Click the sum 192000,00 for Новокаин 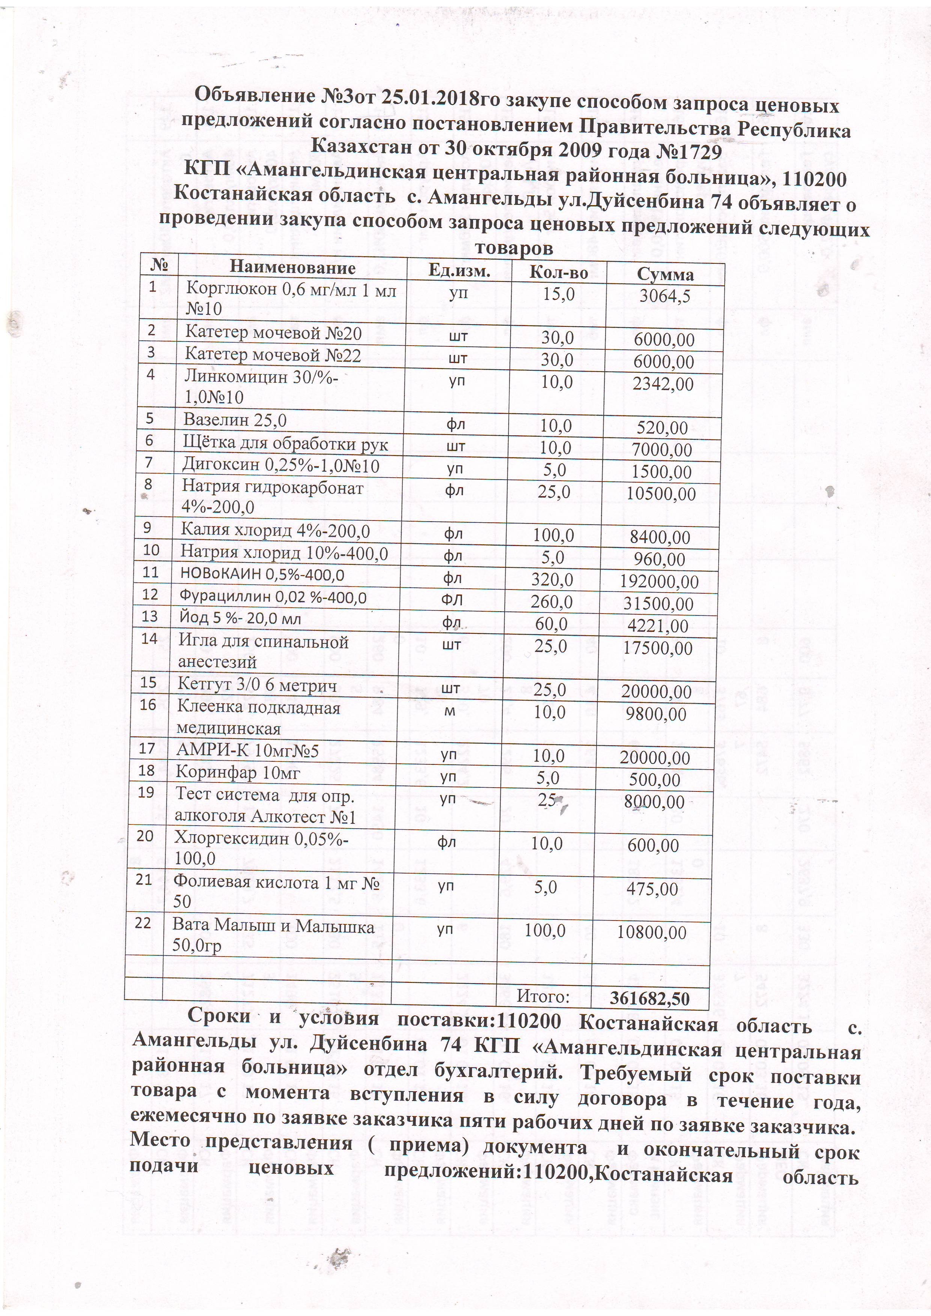659,582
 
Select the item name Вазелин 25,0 235,420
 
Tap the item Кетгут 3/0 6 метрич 257,683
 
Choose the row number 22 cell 143,923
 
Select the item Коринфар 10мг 238,772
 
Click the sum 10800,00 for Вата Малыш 651,932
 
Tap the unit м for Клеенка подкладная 450,711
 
